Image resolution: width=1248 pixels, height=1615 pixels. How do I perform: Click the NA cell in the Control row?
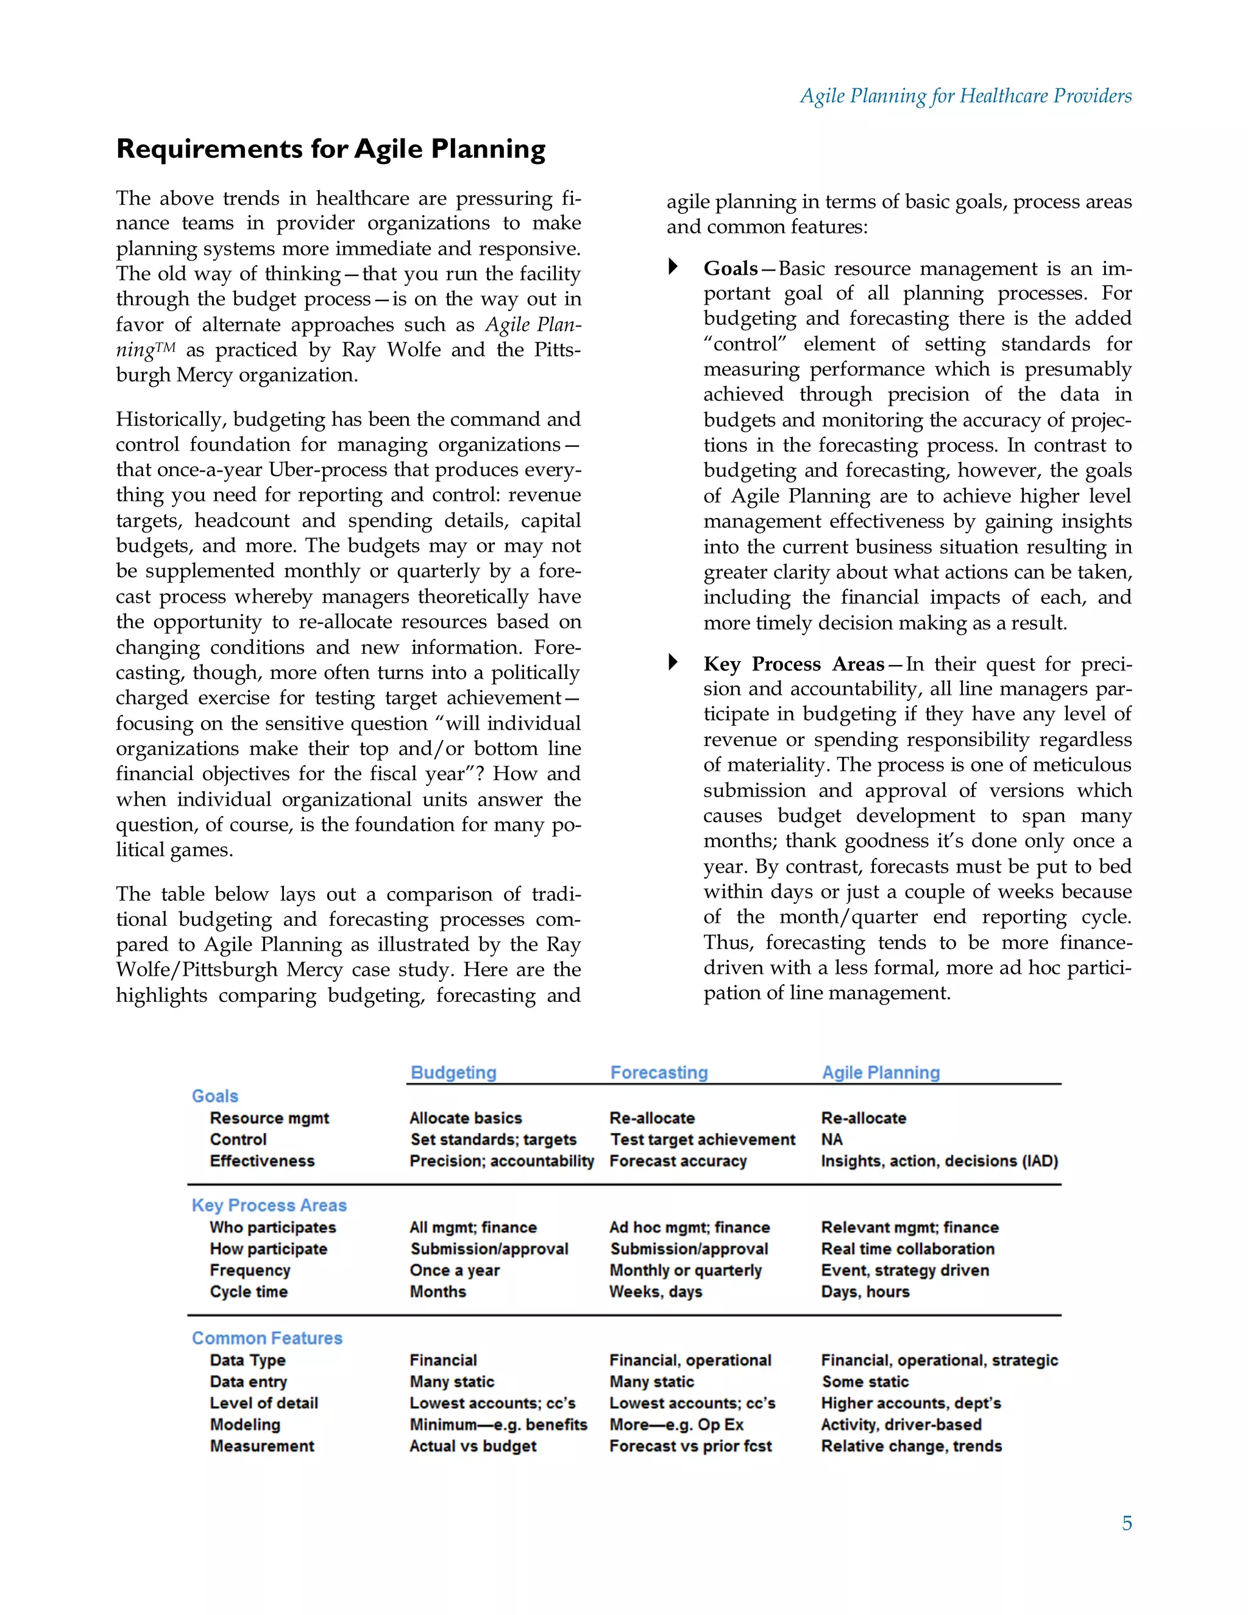832,1139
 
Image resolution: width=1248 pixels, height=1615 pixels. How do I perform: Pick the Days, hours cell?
865,1291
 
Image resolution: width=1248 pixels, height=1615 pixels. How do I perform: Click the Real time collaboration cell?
907,1248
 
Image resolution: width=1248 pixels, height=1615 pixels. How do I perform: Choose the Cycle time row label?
249,1291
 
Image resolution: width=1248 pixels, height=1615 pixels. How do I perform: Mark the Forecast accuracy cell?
678,1160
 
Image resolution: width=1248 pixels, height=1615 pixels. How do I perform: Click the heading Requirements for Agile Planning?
330,149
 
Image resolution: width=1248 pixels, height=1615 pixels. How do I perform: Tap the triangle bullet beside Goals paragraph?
673,266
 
